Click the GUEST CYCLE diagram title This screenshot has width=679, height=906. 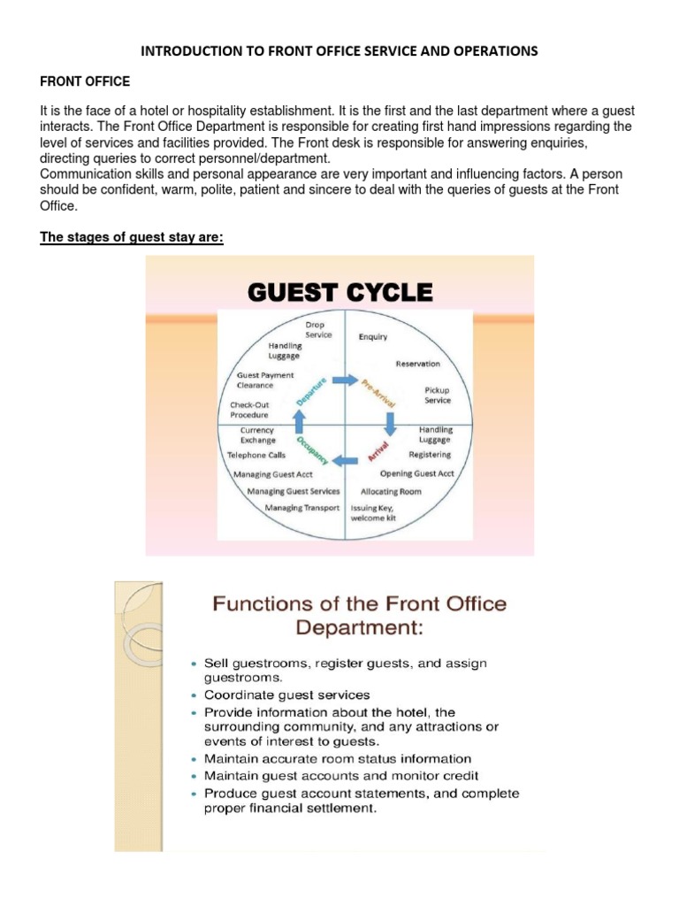[339, 293]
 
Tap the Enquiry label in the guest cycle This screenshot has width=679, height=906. [372, 337]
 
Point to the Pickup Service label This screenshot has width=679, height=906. [438, 395]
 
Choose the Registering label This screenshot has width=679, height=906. [430, 455]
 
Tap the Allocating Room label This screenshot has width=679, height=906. [391, 491]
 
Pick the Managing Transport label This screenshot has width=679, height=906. [302, 508]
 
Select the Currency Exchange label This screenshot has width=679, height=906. [258, 435]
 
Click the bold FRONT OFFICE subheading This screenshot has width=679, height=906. [85, 81]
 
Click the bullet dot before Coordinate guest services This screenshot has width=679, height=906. [195, 695]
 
